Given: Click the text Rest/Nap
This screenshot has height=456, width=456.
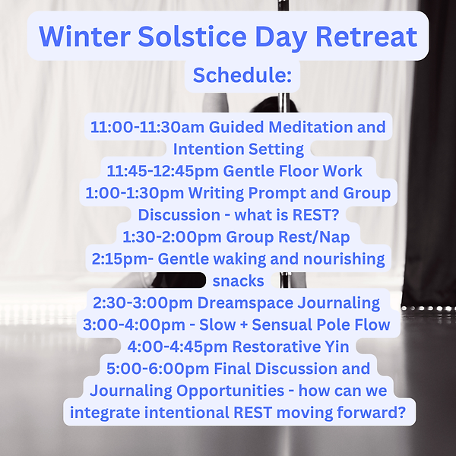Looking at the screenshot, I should pyautogui.click(x=305, y=237).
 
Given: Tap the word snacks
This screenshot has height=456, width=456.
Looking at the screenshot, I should pyautogui.click(x=238, y=280).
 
